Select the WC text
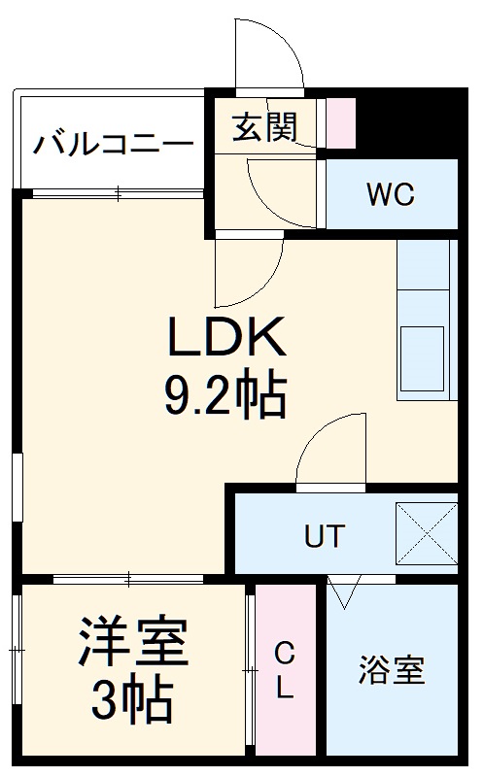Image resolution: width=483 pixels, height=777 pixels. [390, 194]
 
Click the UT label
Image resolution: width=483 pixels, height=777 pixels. [324, 536]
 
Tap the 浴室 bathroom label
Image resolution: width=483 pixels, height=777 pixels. [392, 670]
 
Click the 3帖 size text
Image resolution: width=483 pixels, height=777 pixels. [133, 698]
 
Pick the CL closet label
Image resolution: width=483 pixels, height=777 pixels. [283, 670]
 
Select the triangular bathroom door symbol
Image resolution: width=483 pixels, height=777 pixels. [343, 590]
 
